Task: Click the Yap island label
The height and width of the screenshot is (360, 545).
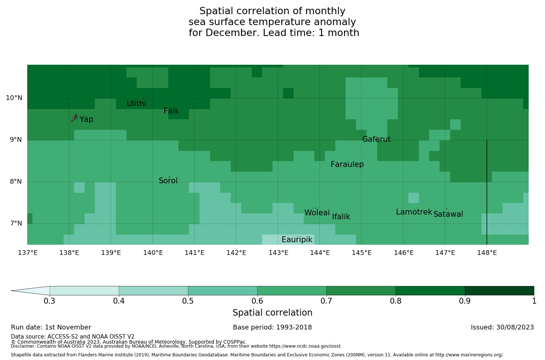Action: pos(86,120)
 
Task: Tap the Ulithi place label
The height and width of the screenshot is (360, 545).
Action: pos(137,104)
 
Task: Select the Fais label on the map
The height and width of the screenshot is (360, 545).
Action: pos(171,111)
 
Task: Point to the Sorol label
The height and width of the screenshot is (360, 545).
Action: pos(168,181)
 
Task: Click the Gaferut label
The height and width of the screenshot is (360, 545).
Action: pos(376,140)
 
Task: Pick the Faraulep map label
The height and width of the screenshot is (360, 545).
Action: pos(347,165)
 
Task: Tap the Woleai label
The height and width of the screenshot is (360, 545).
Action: pos(317,213)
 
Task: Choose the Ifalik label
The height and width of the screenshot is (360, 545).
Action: pos(341,217)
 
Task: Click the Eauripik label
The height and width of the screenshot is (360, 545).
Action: pos(297,240)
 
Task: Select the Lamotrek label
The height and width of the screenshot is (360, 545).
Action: pos(414,212)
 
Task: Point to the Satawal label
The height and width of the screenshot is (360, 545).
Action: pos(448,215)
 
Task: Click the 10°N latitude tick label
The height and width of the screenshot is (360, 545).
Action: pos(14,98)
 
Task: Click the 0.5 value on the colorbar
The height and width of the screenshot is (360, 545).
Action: pos(188,301)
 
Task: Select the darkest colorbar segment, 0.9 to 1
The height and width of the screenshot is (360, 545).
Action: pos(499,291)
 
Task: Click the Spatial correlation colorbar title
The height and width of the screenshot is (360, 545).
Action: pos(272,313)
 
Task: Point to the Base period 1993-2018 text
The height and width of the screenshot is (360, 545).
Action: pos(272,328)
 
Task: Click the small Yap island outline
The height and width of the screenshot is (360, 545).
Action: pos(74,118)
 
